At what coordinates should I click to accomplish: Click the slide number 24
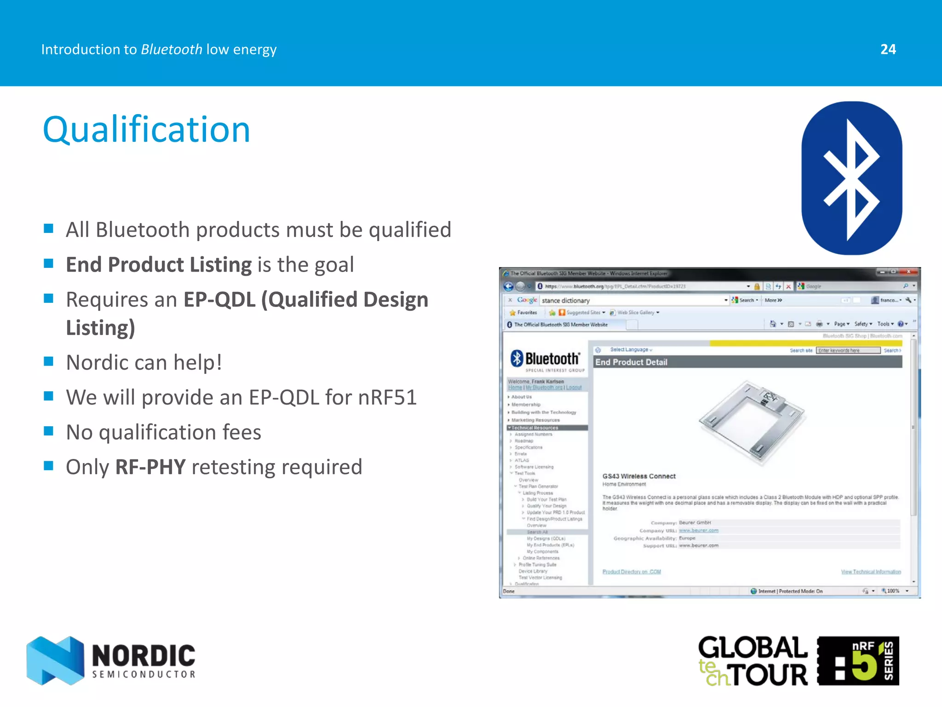point(888,49)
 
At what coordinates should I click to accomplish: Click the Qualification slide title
point(146,130)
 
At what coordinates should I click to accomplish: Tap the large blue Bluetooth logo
point(851,178)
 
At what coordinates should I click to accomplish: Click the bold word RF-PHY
point(150,467)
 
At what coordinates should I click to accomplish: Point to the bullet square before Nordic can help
point(49,361)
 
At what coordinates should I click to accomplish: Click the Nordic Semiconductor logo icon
point(55,661)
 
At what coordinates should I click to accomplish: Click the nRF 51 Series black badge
point(858,661)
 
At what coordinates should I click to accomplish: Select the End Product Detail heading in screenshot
point(631,362)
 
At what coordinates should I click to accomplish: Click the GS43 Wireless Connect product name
point(639,476)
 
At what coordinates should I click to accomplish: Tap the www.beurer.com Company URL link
point(698,530)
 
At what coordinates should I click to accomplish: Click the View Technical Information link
point(871,572)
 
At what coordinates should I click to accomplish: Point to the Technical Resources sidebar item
point(535,428)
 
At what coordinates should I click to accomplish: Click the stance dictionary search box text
point(566,301)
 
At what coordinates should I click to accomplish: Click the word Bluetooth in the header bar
point(171,49)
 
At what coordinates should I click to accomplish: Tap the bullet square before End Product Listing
point(49,264)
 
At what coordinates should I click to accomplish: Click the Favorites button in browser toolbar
point(523,313)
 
